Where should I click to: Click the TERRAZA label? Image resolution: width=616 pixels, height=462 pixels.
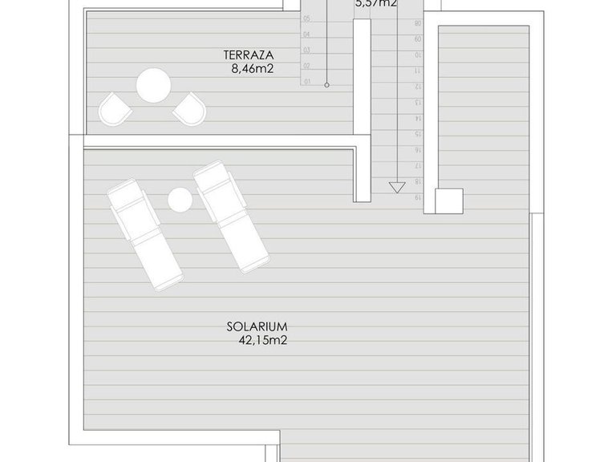(x=249, y=55)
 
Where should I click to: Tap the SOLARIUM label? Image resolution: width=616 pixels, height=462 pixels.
(x=257, y=326)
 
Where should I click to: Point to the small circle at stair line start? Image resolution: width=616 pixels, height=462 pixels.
(x=327, y=83)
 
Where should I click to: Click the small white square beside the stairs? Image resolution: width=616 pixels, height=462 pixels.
(x=448, y=201)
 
